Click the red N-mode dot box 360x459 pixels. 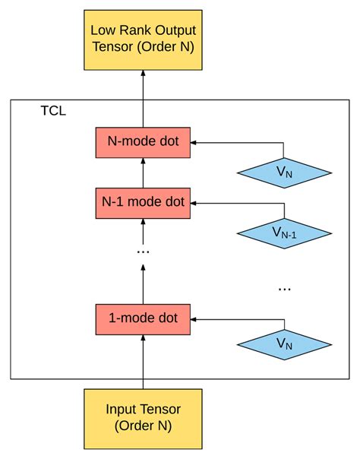143,142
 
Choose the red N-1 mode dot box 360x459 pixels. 143,203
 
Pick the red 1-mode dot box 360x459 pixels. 143,318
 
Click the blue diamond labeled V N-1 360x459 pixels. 285,233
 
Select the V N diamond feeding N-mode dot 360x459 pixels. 285,173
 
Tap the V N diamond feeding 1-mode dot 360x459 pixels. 285,343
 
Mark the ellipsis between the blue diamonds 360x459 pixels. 285,288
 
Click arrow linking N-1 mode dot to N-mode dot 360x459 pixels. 143,173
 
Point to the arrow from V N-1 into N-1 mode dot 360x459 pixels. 235,203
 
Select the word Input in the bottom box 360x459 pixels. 122,409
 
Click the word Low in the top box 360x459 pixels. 103,30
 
